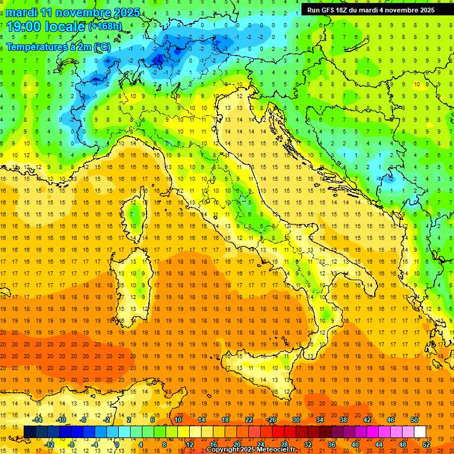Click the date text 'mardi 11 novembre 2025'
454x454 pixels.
pos(73,12)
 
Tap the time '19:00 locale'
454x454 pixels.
pos(46,26)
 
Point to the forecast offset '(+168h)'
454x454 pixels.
pos(105,27)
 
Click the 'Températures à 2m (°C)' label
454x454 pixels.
pos(58,47)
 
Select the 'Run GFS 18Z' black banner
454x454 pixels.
pos(371,10)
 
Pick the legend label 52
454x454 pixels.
pos(426,444)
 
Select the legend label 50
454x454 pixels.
pos(414,420)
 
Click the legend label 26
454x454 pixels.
pos(272,420)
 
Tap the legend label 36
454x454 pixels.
pos(332,444)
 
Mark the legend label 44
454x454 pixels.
pos(379,444)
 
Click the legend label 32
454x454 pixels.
pos(308,444)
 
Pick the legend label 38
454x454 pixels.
pos(343,420)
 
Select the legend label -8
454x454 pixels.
pos(72,444)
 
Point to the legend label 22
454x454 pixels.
pos(248,420)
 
